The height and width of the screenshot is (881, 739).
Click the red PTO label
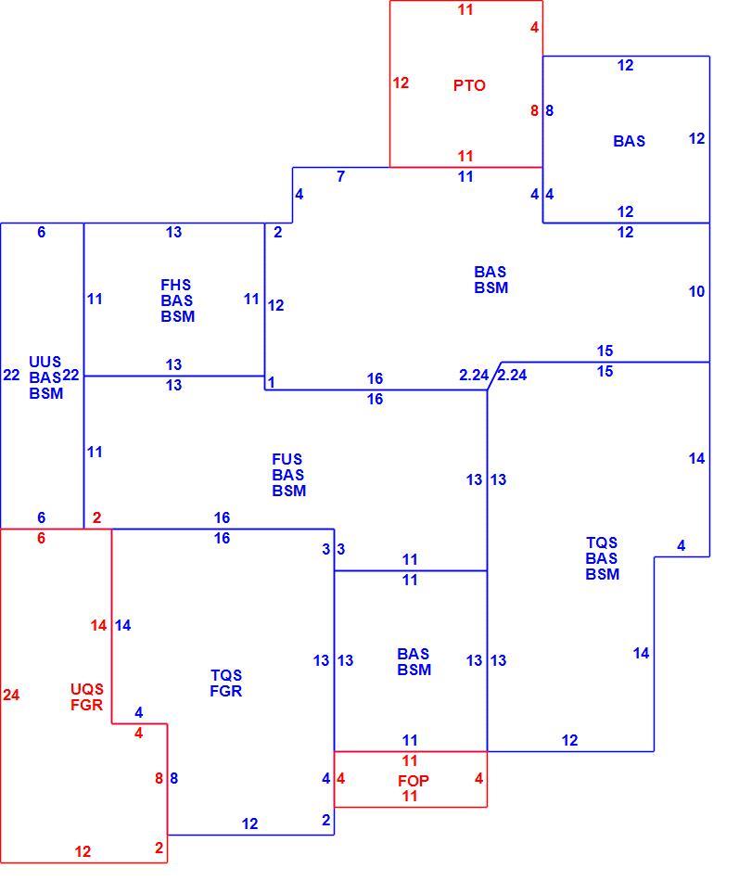coord(468,85)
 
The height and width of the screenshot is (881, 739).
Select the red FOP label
coord(413,781)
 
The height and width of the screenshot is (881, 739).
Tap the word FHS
coord(176,285)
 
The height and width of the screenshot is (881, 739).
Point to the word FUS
coord(287,459)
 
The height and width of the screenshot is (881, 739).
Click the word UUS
coord(45,362)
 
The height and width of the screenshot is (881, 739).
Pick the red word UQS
coord(87,689)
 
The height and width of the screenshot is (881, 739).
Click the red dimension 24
coord(11,695)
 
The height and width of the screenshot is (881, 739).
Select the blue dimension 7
coord(340,176)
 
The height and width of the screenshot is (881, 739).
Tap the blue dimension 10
coord(696,291)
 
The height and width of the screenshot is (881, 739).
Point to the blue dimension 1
coord(271,382)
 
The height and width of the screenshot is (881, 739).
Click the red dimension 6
coord(41,538)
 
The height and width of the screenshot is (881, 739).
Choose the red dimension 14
coord(98,625)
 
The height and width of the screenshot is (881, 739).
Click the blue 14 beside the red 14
coord(123,625)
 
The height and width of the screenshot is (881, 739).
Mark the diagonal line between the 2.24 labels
coord(494,376)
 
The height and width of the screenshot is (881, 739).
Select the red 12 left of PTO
coord(401,83)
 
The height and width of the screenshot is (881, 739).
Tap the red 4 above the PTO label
coord(534,27)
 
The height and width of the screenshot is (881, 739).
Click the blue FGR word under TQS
coord(226,691)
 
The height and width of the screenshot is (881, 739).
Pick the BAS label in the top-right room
coord(629,141)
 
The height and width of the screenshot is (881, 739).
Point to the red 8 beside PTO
coord(534,110)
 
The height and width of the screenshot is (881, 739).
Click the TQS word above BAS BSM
coord(602,543)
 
